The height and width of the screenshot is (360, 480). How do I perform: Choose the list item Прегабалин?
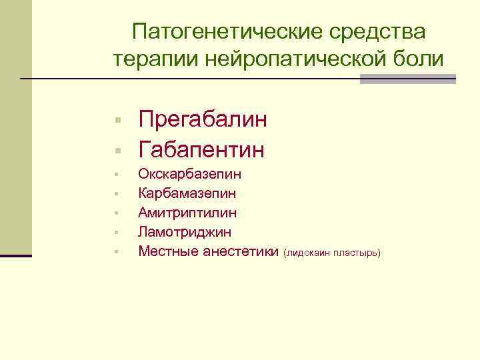(203, 121)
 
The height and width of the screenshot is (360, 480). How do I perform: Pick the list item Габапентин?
(201, 149)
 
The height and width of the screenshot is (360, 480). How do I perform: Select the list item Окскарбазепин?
(190, 175)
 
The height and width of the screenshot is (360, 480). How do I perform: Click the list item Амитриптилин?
(187, 213)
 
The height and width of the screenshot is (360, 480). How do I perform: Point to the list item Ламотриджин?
(185, 232)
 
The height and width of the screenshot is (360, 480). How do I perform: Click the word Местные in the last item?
(167, 251)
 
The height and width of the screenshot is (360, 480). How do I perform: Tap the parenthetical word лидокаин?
(308, 253)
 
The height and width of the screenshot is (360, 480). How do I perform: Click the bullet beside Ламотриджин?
(116, 233)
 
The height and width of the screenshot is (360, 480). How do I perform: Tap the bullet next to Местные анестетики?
(116, 252)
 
